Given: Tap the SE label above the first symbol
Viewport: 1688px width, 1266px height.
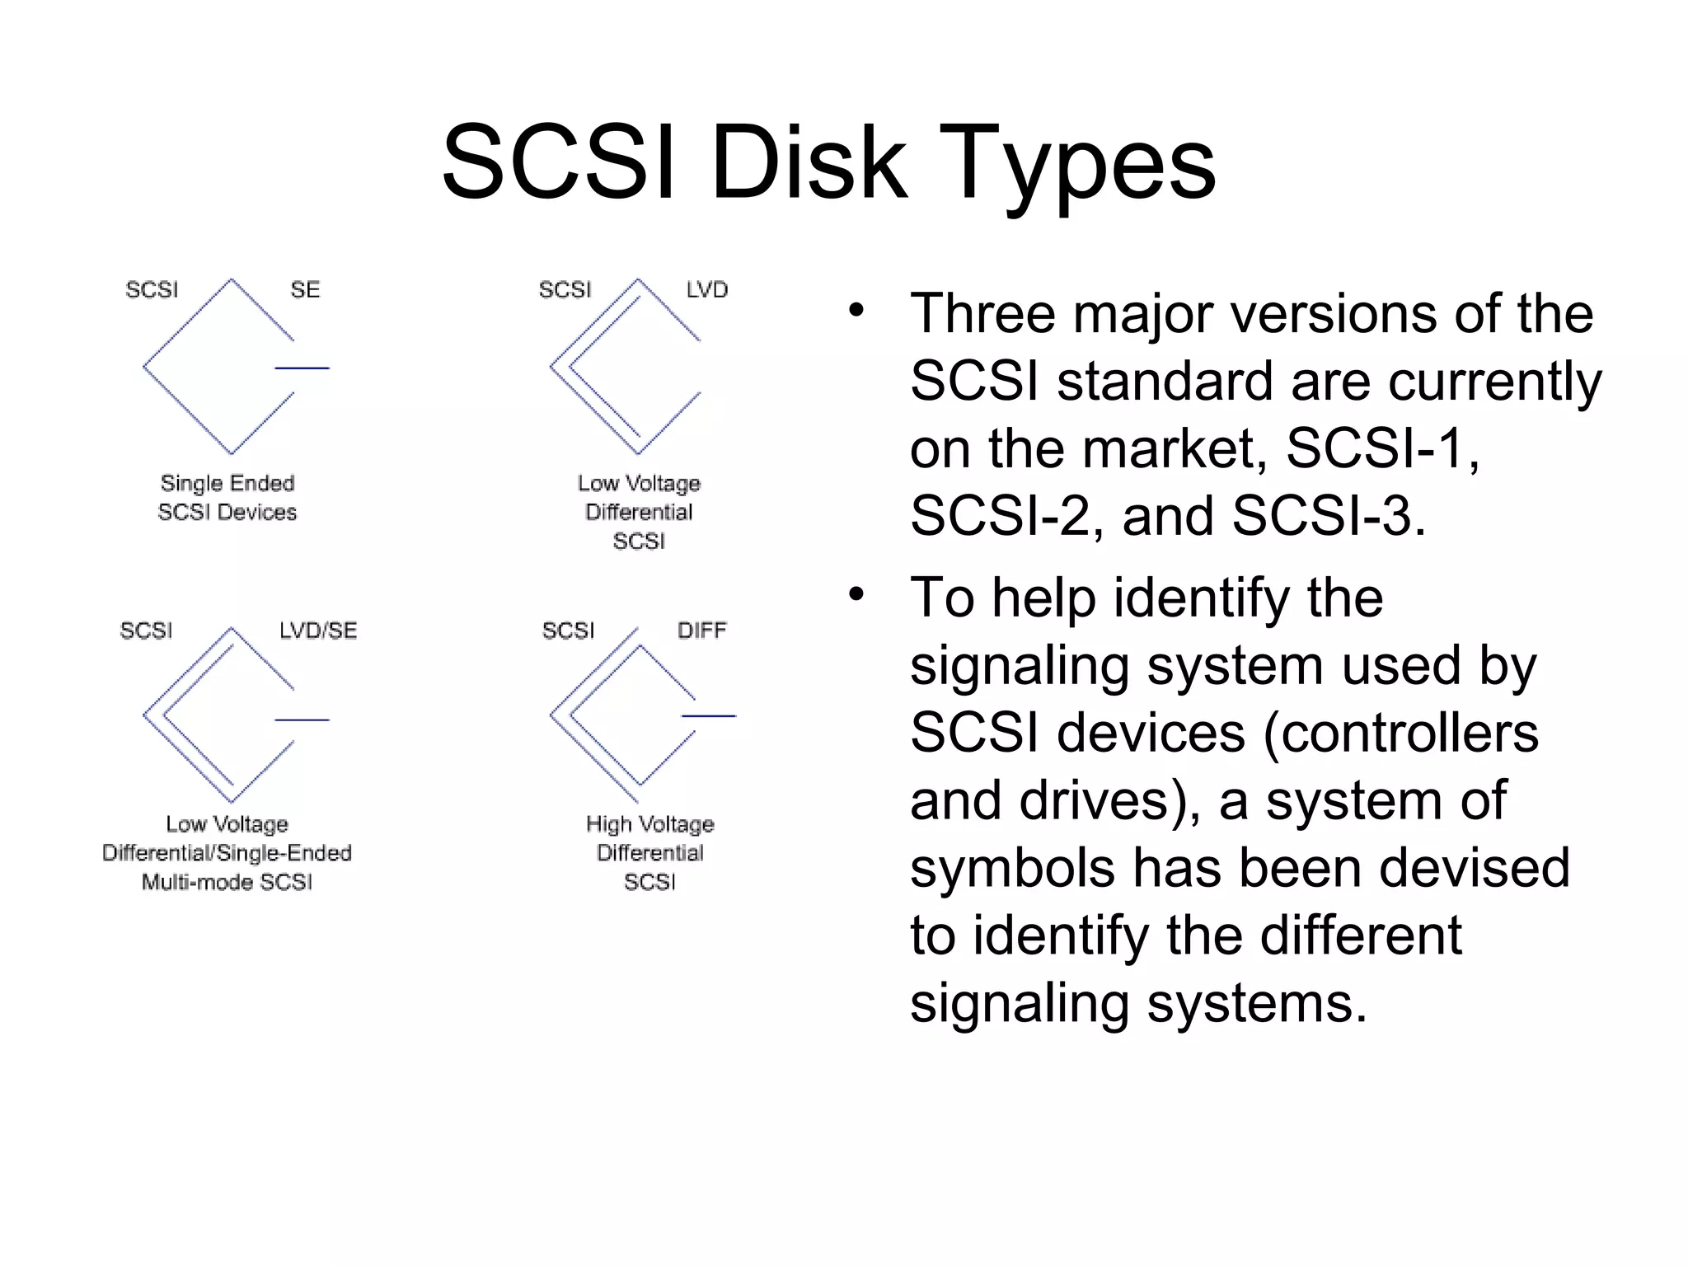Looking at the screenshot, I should (305, 290).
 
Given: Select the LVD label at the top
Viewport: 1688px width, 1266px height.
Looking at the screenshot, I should (707, 290).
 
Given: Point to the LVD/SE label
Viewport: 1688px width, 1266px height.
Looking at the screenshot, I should (318, 631).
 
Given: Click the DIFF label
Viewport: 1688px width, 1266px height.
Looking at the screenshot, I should (701, 631).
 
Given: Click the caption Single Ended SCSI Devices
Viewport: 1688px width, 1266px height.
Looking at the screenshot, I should (227, 498).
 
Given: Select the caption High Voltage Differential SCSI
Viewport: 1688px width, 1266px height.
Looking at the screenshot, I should (649, 853).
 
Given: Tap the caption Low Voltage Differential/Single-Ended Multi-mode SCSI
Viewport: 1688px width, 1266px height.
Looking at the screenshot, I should (227, 853).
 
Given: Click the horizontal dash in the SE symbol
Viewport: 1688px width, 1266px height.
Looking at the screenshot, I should (302, 368).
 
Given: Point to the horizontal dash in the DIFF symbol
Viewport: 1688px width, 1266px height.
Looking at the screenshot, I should (708, 716).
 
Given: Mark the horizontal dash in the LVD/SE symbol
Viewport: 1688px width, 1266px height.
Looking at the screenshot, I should (302, 720).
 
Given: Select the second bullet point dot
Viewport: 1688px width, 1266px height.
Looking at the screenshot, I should (857, 594).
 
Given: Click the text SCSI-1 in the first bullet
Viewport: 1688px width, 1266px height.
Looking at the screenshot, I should (1381, 449).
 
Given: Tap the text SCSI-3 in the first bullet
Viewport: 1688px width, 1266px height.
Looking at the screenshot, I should (1328, 517).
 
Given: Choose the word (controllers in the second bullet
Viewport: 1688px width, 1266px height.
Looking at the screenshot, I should (1400, 734).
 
